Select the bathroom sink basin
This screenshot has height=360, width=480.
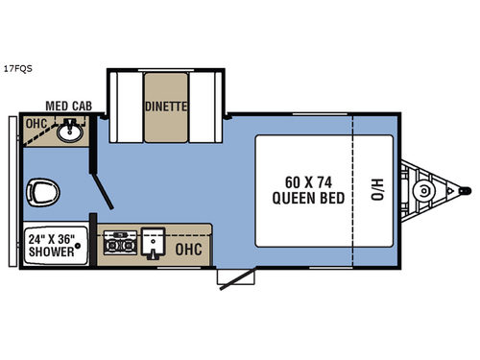pos(69,133)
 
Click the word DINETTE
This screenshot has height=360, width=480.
pos(165,107)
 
